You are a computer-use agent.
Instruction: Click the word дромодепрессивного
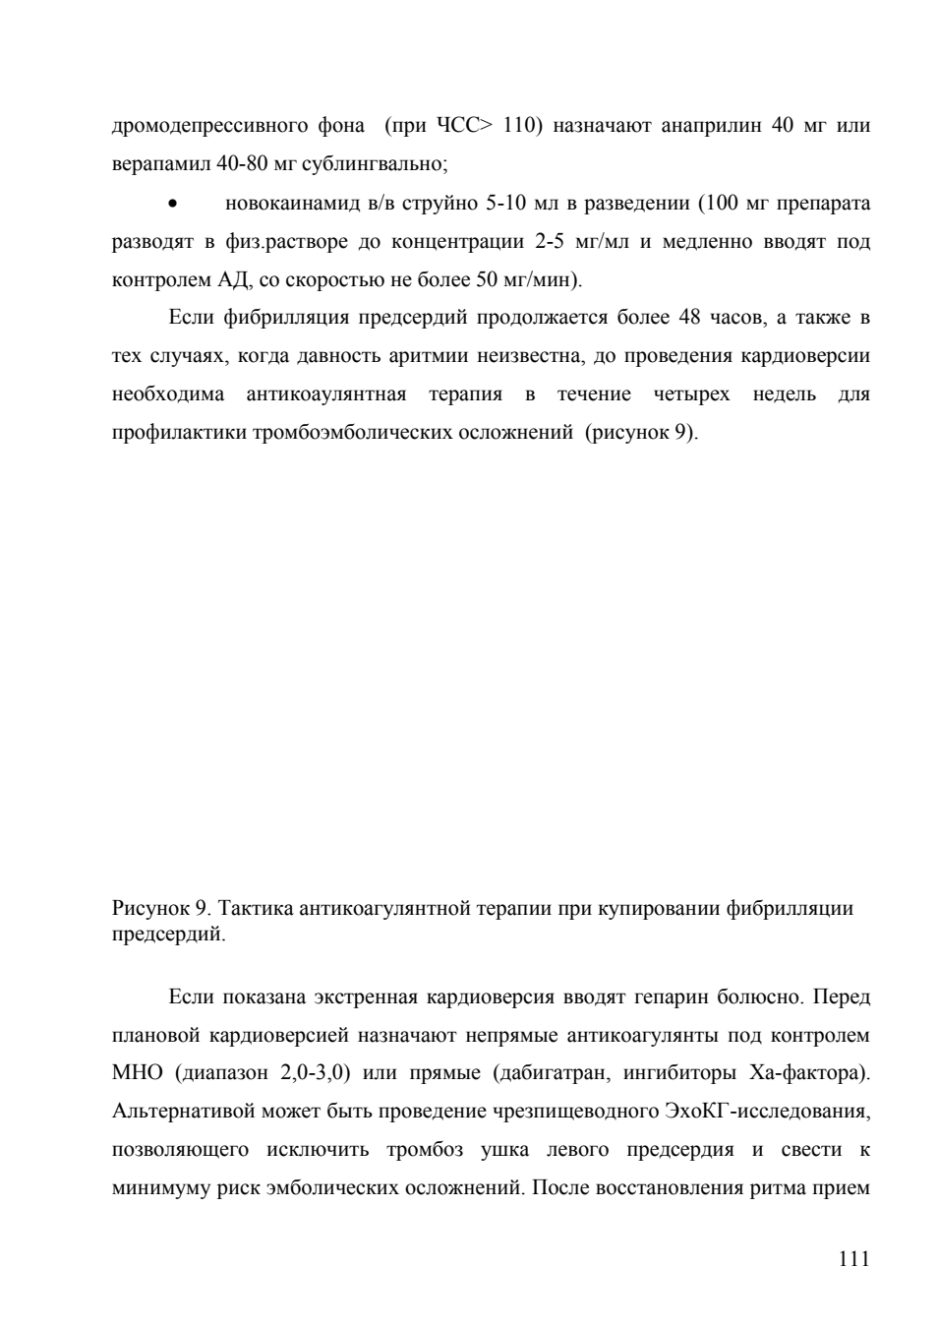(x=209, y=126)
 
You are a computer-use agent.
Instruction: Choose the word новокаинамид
(x=291, y=203)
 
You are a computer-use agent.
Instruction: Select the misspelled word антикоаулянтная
(x=325, y=394)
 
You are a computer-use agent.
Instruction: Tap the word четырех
(x=691, y=394)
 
